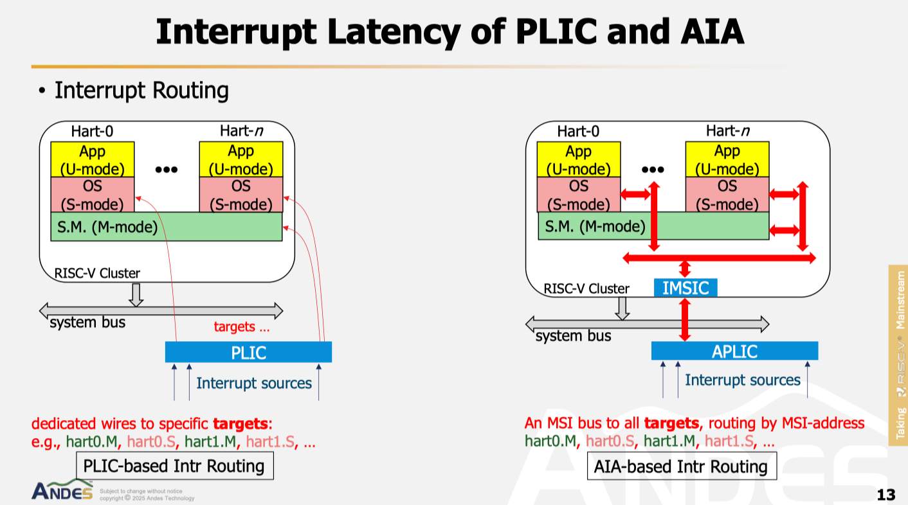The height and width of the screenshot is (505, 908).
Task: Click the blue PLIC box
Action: point(248,352)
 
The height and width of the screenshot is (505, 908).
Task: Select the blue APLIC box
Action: point(734,351)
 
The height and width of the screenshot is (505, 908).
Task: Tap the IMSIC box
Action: point(686,288)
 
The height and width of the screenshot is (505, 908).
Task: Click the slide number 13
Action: point(885,495)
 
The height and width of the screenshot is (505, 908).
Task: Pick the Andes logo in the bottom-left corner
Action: point(62,491)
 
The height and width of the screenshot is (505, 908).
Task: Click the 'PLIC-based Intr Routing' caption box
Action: point(174,466)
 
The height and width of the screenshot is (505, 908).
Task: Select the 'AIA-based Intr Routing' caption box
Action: point(682,466)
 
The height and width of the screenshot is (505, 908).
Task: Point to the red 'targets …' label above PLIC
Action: point(241,326)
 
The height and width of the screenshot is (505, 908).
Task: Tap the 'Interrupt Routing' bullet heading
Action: point(141,91)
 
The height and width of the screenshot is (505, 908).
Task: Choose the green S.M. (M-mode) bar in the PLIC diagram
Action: point(166,227)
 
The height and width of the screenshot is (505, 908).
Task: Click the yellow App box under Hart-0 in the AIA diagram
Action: point(579,160)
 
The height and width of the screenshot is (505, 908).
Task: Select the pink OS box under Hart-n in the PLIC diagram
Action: point(241,195)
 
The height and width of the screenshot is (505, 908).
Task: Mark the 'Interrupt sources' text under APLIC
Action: point(742,380)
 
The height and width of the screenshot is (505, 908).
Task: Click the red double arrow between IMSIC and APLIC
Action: point(685,319)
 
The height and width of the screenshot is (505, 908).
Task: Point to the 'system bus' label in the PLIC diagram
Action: point(87,322)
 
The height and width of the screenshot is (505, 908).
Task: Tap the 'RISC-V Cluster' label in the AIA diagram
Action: point(586,288)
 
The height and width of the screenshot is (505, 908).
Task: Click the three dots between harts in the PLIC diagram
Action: point(167,170)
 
